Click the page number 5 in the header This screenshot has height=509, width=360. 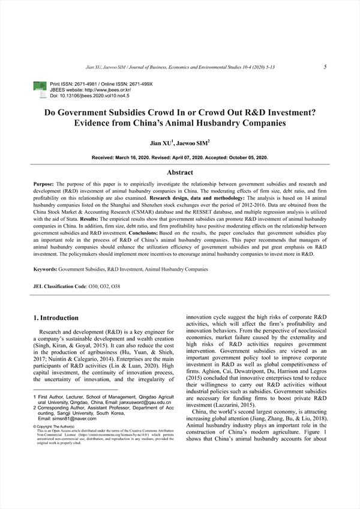click(x=325, y=67)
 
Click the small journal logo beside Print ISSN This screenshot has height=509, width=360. click(x=40, y=91)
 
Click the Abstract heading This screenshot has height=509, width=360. click(x=179, y=172)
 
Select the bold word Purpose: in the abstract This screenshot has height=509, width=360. click(x=44, y=184)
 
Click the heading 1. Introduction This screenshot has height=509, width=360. click(x=55, y=318)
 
